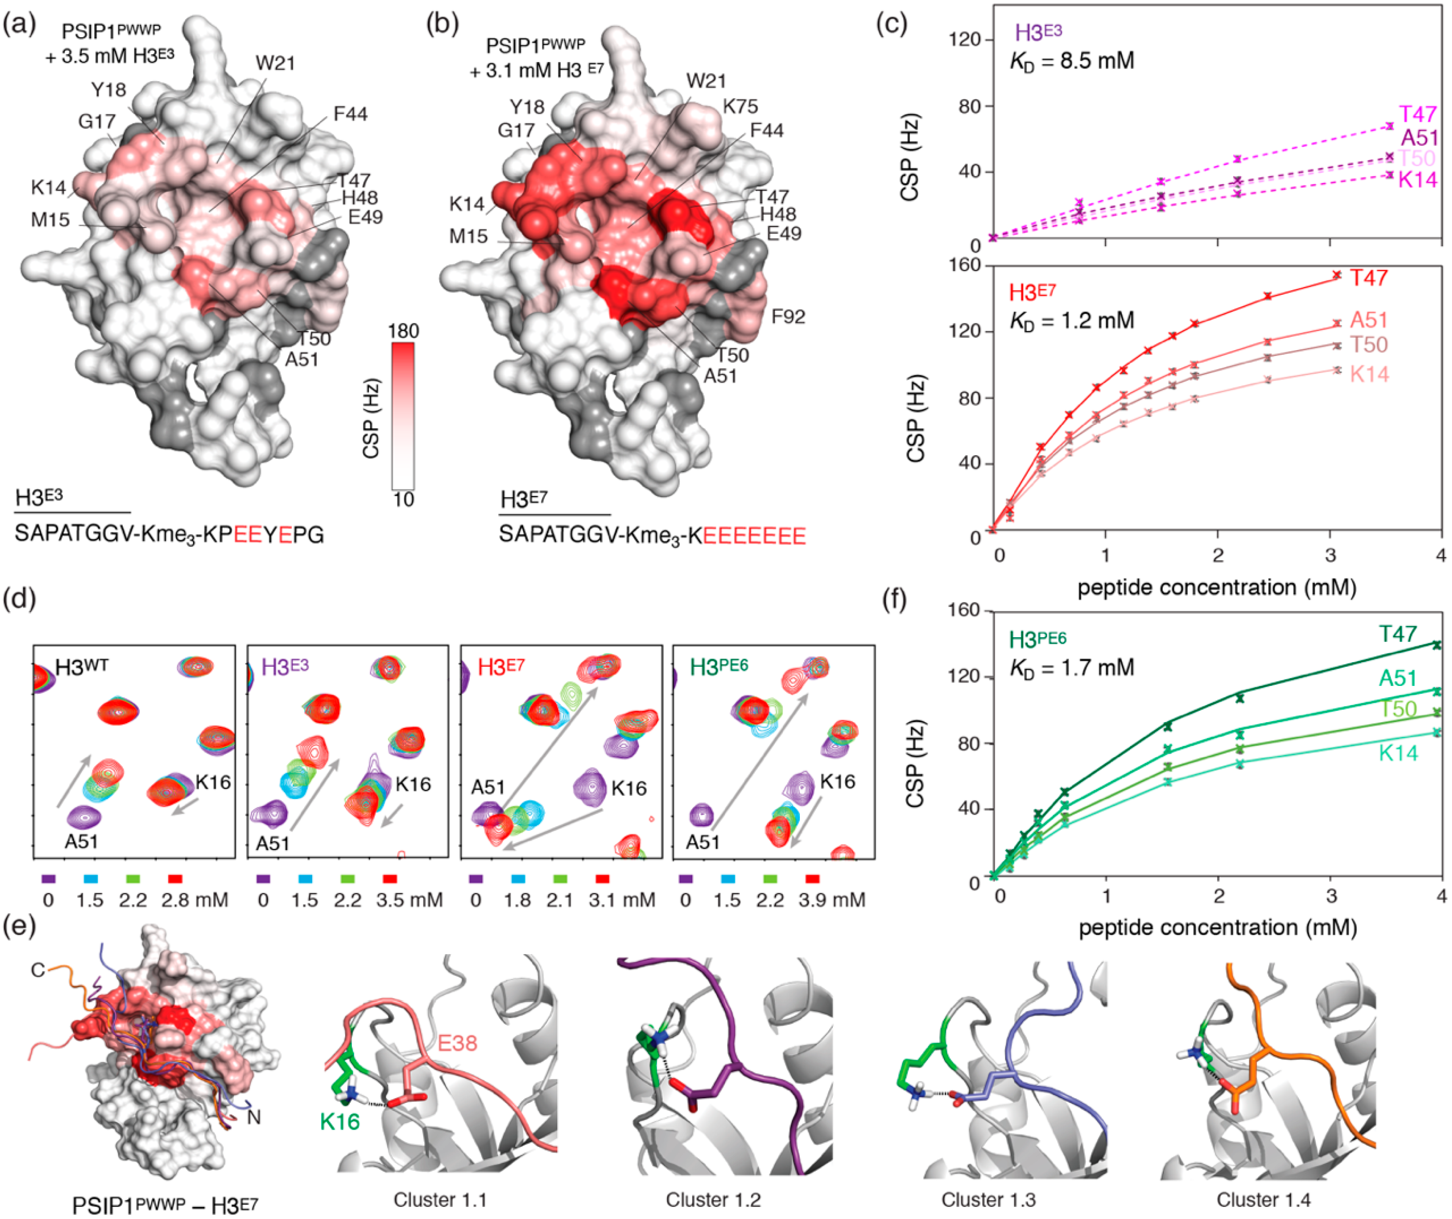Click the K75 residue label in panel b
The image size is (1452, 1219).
(740, 107)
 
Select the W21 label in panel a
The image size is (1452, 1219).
(275, 64)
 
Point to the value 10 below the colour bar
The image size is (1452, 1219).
(403, 499)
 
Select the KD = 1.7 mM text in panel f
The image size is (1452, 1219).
(1072, 668)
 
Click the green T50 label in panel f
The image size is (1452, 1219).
(1398, 709)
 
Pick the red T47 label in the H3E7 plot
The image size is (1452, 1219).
(1369, 278)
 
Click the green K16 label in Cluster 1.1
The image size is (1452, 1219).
(340, 1121)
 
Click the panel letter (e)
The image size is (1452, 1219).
(20, 926)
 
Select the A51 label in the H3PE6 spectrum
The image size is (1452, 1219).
(702, 842)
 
